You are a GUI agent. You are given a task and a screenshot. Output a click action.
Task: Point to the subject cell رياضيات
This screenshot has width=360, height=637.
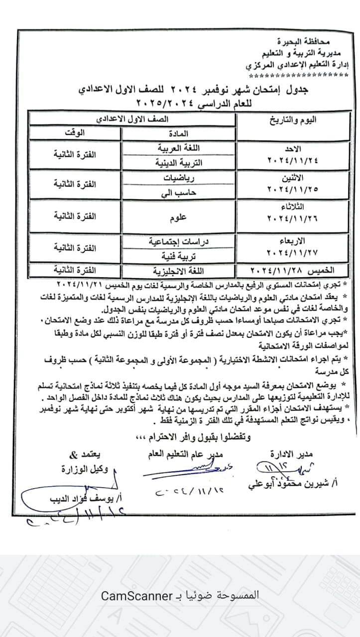180,176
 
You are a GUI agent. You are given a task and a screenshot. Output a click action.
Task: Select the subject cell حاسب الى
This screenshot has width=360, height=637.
180,191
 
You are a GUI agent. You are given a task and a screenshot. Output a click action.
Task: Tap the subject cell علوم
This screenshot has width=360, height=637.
180,217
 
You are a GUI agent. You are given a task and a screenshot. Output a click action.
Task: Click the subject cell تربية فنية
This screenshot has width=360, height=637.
180,256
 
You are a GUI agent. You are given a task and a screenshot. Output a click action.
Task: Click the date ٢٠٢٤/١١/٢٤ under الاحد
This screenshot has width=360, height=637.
293,160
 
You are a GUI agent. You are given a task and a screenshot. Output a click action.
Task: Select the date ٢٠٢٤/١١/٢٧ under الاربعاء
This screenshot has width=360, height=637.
293,251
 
